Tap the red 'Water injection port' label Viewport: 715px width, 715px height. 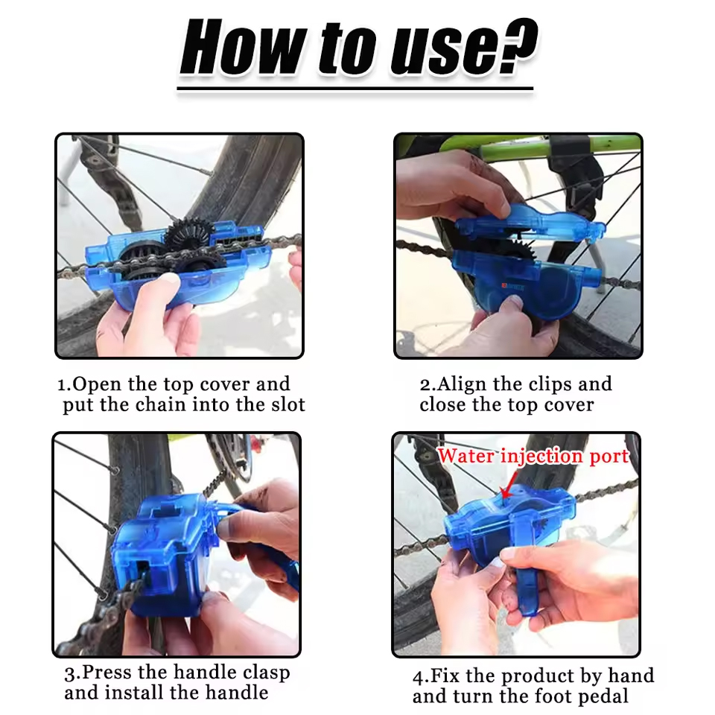(x=533, y=456)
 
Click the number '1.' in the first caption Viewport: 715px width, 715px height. (x=65, y=385)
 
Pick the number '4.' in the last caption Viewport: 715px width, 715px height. (x=421, y=677)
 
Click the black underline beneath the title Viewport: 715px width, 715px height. (x=355, y=89)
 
